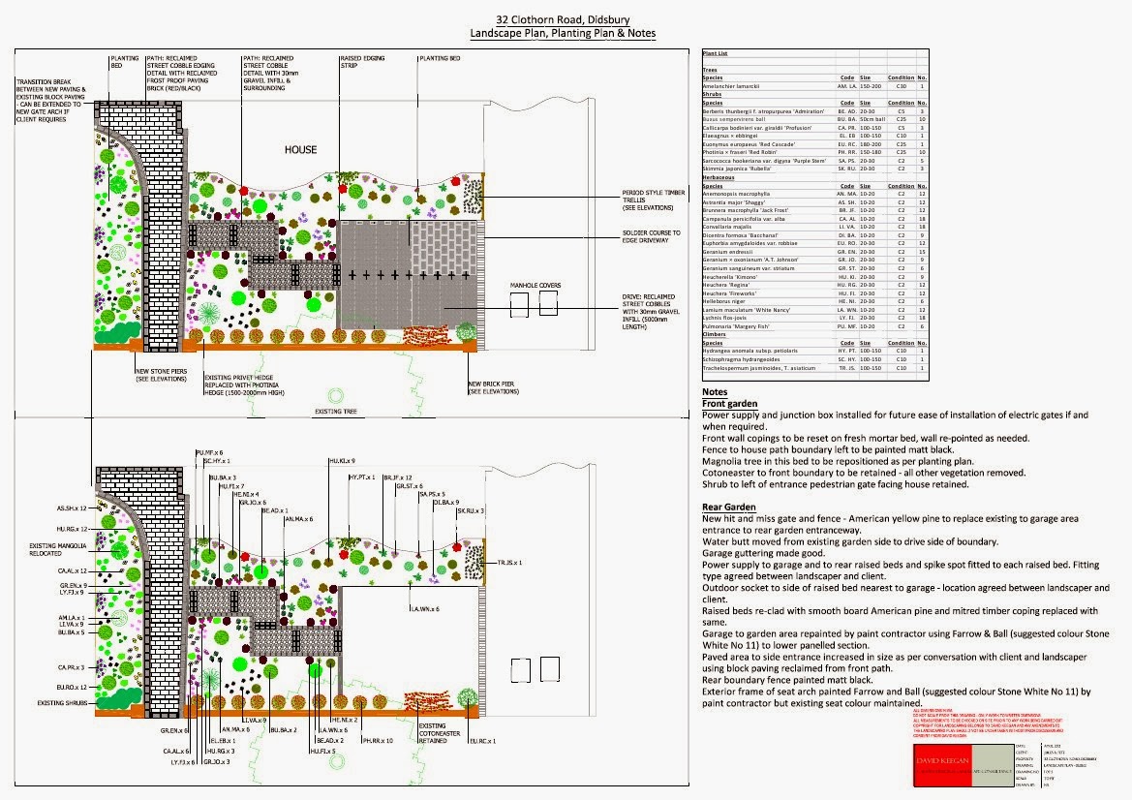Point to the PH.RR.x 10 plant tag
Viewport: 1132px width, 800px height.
(x=377, y=740)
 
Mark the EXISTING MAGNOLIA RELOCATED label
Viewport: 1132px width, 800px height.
(x=57, y=551)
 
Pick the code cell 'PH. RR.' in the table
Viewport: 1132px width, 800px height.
(x=847, y=152)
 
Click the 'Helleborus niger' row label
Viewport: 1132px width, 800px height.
(x=726, y=301)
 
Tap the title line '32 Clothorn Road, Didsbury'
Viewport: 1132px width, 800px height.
(x=563, y=19)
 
